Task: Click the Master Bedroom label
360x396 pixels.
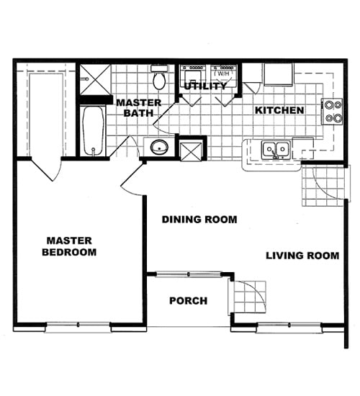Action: (70, 246)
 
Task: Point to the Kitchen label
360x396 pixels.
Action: (280, 110)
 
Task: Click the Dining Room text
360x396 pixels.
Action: (199, 220)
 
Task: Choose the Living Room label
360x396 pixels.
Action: (302, 256)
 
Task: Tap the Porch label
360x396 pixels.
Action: (189, 300)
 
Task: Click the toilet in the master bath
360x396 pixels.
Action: (159, 78)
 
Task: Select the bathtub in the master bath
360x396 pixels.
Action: (91, 130)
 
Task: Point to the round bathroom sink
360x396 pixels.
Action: (158, 148)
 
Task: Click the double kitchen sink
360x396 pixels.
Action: (275, 150)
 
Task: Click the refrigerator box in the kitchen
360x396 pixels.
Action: (278, 74)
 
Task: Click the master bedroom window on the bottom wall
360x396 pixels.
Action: (78, 328)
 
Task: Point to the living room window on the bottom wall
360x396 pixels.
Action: (288, 328)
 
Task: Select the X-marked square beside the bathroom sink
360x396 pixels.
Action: (192, 150)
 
